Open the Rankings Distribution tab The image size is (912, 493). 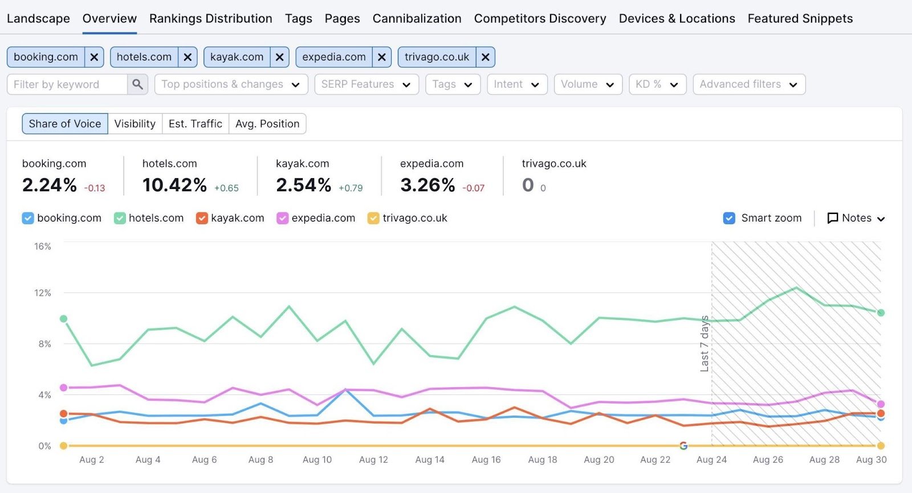[x=210, y=18]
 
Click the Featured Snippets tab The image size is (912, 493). [x=800, y=18]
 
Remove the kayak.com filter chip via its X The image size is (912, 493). [x=279, y=57]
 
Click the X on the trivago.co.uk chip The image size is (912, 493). [x=485, y=57]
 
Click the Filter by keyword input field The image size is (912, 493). [x=67, y=84]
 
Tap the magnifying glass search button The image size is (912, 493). [x=137, y=84]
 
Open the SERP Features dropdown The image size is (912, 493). [x=366, y=84]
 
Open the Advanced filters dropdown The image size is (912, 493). [x=748, y=84]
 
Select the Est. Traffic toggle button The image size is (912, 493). [x=196, y=124]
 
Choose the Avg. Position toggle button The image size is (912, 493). [x=267, y=124]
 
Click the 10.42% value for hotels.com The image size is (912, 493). [x=174, y=185]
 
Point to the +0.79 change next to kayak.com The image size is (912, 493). [x=351, y=188]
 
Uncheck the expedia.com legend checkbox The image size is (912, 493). [x=282, y=218]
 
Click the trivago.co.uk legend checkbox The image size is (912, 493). [x=373, y=218]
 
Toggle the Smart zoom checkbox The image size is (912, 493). [x=729, y=218]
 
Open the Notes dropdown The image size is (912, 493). [x=856, y=218]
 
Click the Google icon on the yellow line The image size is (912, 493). [x=683, y=446]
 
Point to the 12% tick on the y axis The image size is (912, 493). [x=43, y=293]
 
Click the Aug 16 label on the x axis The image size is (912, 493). [x=486, y=459]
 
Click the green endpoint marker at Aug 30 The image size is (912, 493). [x=881, y=313]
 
